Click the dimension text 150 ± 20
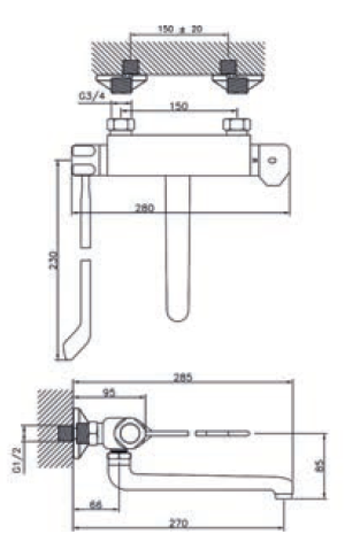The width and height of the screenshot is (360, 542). click(180, 30)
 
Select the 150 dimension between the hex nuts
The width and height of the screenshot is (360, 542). click(179, 108)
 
